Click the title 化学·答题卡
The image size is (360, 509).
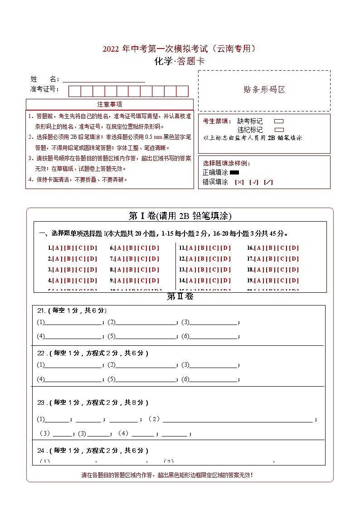pos(180,61)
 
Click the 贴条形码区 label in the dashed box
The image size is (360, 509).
pos(264,90)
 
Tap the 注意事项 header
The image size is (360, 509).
pos(109,105)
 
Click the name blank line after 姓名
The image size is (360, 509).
pos(104,79)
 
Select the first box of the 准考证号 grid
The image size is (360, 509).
pos(74,91)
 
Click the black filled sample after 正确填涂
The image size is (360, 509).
pos(234,173)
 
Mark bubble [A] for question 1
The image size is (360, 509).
pos(57,248)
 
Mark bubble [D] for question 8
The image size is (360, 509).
pos(155,270)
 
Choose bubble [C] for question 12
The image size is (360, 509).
pos(214,259)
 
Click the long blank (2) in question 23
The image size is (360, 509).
pos(238,419)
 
